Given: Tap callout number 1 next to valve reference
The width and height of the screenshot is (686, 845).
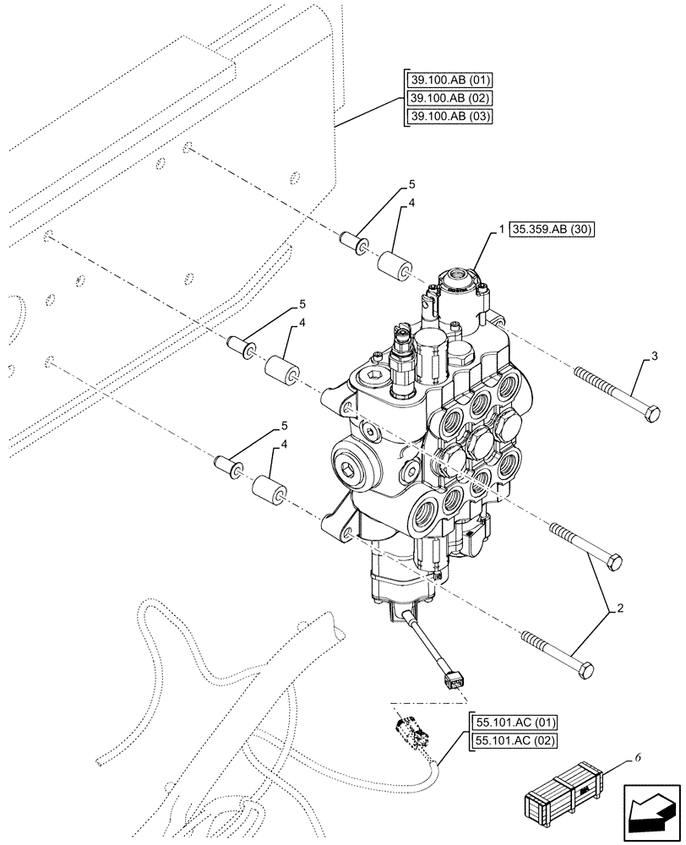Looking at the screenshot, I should click(x=502, y=230).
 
